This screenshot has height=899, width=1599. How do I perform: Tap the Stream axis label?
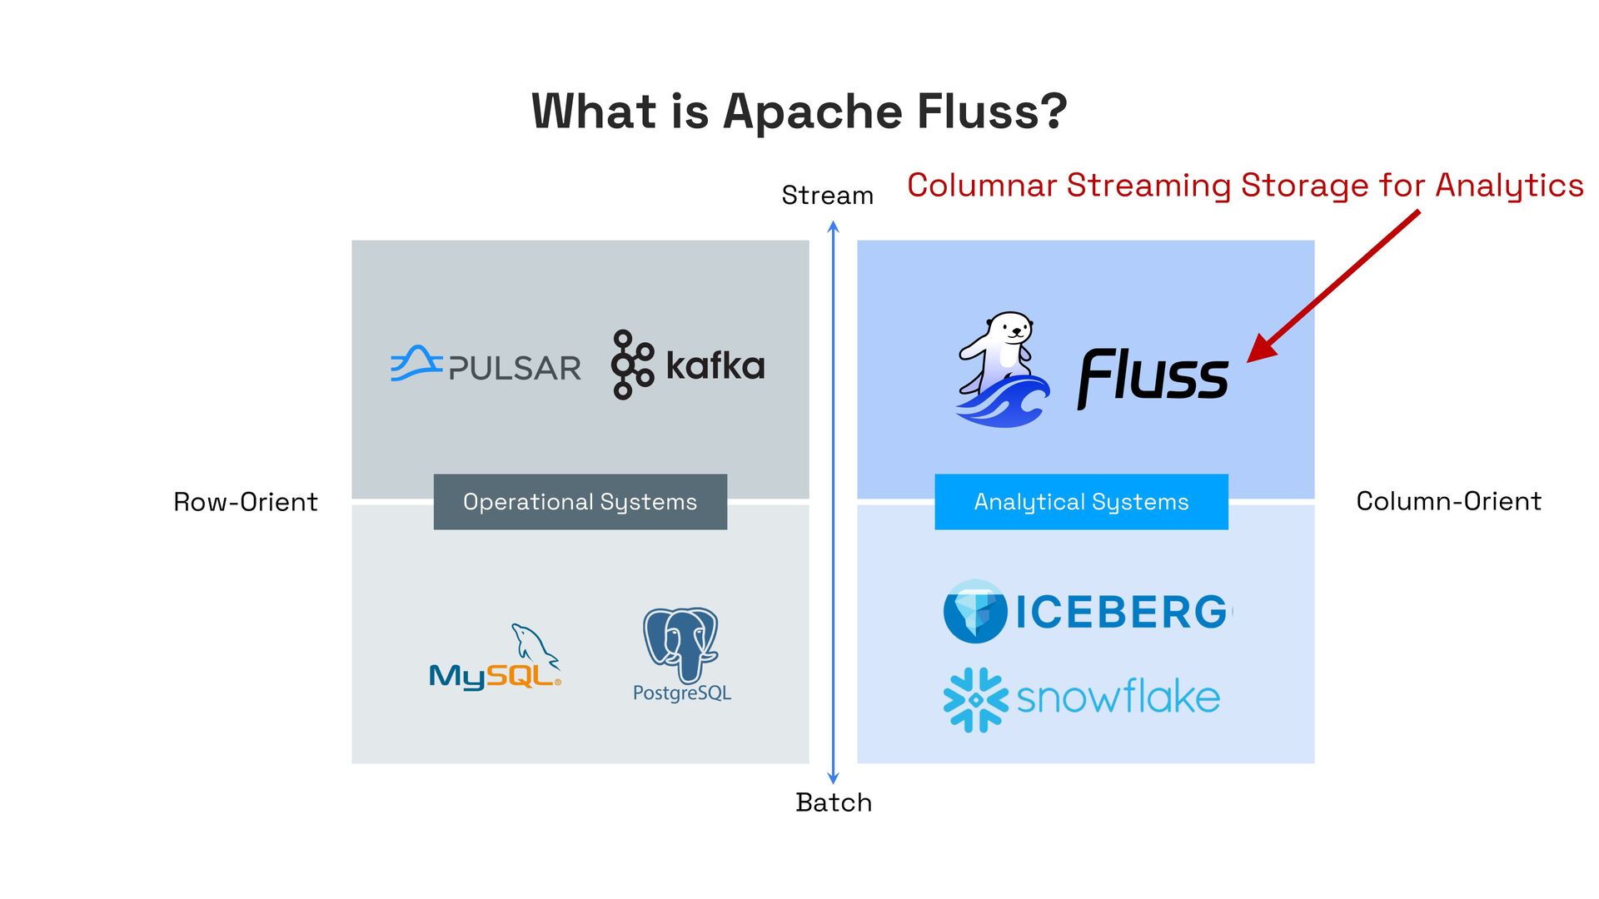[827, 196]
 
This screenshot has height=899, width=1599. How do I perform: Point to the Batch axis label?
[834, 802]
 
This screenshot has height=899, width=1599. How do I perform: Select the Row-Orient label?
[246, 502]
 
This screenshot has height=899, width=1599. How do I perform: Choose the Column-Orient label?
[1448, 501]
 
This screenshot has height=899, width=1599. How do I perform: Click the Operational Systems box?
[580, 502]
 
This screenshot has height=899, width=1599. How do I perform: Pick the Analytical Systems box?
[1081, 502]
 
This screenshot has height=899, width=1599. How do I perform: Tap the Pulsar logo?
[486, 365]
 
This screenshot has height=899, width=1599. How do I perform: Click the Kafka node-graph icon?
[631, 365]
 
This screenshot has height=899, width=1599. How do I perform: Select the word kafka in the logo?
[715, 365]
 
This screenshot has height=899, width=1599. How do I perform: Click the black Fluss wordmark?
[1153, 378]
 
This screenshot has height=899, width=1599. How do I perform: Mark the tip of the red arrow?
[1249, 360]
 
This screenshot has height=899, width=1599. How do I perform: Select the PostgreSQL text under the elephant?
[681, 693]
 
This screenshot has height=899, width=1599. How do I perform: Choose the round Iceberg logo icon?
[974, 612]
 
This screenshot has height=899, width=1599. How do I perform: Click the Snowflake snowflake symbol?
[974, 699]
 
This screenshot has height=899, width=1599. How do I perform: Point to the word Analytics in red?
[1509, 185]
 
